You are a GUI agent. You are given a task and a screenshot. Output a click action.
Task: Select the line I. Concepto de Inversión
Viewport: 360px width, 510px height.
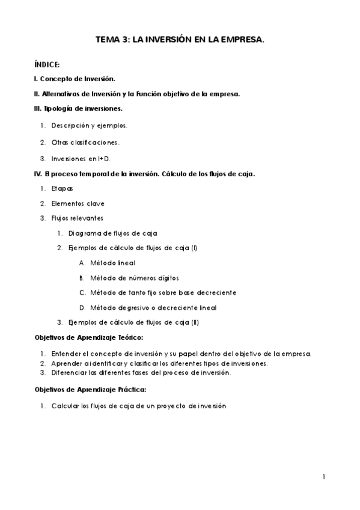point(75,79)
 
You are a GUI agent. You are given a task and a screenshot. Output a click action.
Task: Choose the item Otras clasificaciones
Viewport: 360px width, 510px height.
point(85,143)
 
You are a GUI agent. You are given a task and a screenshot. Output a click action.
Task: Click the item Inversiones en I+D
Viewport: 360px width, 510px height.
point(81,159)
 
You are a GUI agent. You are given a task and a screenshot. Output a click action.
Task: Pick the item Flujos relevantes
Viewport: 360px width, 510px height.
point(77,218)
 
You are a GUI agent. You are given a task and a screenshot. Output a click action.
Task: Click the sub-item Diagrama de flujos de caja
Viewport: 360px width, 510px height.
point(113,233)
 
